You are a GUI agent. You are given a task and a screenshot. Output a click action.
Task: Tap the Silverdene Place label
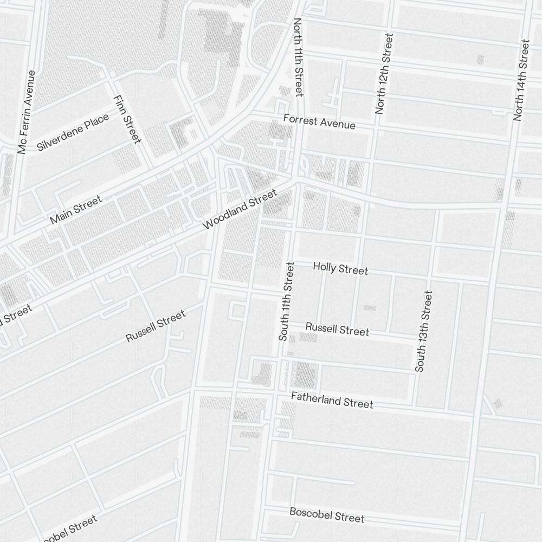(73, 132)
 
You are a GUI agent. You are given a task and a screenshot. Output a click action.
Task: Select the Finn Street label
(127, 119)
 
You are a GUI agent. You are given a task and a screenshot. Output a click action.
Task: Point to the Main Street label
(75, 210)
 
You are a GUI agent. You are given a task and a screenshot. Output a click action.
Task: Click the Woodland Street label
(240, 209)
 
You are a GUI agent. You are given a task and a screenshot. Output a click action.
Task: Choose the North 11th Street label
(298, 57)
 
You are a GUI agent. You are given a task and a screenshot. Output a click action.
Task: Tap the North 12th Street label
(383, 73)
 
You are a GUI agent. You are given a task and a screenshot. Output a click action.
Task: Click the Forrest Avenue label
(319, 122)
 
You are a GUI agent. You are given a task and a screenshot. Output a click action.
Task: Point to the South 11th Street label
(286, 301)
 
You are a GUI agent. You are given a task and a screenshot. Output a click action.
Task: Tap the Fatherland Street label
(332, 401)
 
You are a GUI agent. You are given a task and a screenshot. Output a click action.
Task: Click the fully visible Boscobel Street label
(327, 514)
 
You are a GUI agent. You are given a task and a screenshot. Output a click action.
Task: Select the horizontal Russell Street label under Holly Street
(337, 329)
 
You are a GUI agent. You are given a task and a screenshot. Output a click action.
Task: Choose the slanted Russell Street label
(156, 326)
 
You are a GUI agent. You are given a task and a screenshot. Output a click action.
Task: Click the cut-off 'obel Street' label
(68, 529)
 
